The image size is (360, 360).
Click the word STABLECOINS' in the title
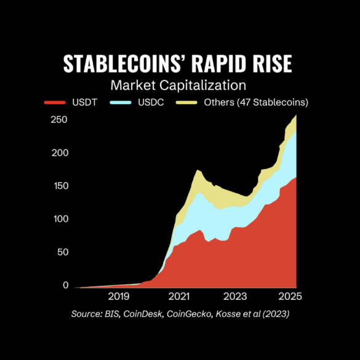pos(124,63)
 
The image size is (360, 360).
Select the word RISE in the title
pos(272,63)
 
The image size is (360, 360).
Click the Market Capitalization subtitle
pos(178,86)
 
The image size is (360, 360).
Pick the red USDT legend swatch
pos(55,102)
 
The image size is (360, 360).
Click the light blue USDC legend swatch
pos(121,102)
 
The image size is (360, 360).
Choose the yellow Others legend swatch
pos(186,102)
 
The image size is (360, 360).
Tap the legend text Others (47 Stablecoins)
pos(256,102)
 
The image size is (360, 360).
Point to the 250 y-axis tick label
pos(59,119)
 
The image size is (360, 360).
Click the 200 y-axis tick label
pos(60,153)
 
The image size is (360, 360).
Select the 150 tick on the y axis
pos(62,186)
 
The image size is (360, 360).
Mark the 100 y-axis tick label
pos(62,219)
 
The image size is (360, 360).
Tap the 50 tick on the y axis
pos(63,252)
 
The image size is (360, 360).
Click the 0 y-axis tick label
pos(66,285)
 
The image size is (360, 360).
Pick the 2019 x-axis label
pos(119,297)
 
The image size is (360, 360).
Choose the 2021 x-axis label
pos(179,297)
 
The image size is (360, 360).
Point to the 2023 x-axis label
pos(235,297)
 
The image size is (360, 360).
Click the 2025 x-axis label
pos(290,297)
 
